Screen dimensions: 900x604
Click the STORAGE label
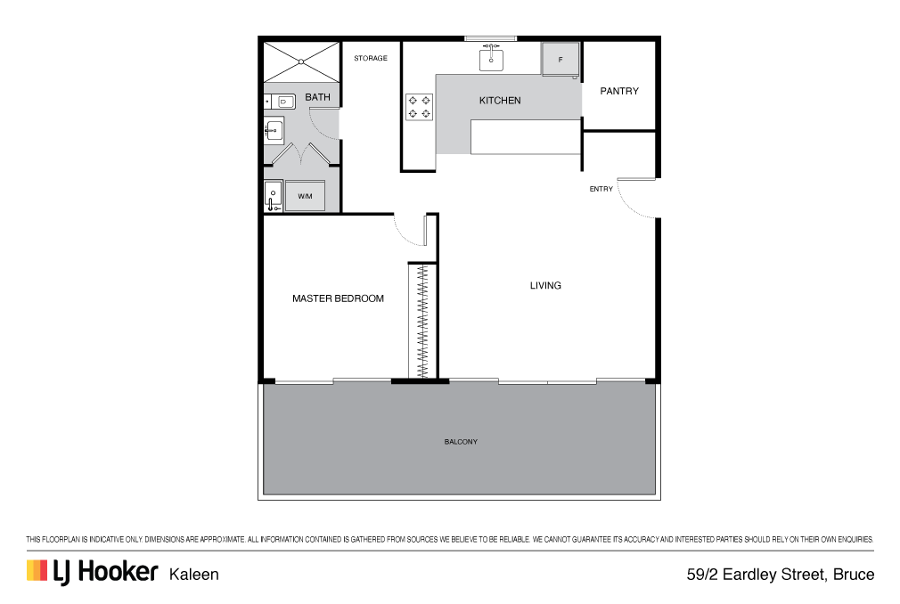point(370,58)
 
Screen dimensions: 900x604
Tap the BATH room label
point(317,97)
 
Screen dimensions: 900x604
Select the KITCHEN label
point(500,101)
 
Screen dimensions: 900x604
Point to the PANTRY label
point(619,91)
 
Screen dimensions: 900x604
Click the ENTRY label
point(601,189)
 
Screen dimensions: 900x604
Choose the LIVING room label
point(545,285)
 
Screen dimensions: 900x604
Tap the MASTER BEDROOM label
point(338,298)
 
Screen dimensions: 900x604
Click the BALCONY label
point(461,442)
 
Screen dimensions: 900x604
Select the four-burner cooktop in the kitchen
point(419,107)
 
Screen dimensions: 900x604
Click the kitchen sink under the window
point(491,59)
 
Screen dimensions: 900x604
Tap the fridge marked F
point(560,59)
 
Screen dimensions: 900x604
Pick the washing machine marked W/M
point(305,196)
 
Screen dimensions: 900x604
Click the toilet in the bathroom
point(281,102)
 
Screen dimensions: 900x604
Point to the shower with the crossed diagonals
point(301,62)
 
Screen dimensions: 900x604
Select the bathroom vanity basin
point(274,130)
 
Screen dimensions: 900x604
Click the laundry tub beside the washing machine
point(274,196)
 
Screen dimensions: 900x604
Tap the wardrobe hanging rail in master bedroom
point(423,322)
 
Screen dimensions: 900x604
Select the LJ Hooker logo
point(92,572)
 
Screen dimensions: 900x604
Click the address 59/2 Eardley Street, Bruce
point(781,575)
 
